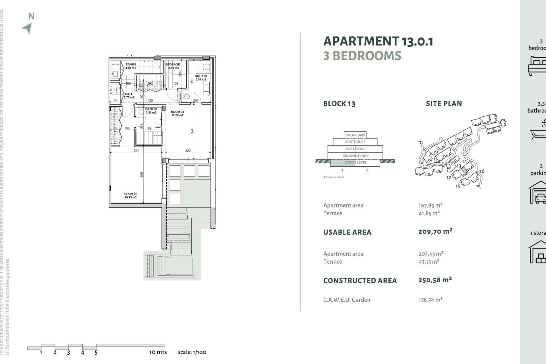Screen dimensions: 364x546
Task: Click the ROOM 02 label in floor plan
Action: coord(131,195)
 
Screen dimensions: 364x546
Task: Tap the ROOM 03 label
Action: coord(177,113)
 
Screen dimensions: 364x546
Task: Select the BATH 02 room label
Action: coord(151,111)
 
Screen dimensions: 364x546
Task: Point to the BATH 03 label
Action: coord(201,78)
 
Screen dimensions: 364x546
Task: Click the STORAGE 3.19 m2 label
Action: coord(173,66)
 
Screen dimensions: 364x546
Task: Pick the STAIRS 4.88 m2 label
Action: coord(131,66)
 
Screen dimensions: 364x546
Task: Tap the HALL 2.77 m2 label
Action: coord(129,96)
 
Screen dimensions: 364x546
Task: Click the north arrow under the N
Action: coord(27,28)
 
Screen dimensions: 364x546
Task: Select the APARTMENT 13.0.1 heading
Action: coord(378,42)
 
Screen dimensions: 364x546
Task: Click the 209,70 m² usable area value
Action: coord(435,231)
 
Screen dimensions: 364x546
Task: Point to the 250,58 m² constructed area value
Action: coord(435,280)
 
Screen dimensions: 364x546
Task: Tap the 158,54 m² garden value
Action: coord(430,300)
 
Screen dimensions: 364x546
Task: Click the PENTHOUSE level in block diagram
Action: coord(355,142)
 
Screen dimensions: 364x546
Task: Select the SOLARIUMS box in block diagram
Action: coord(355,135)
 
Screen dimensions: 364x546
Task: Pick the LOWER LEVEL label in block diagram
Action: coord(355,162)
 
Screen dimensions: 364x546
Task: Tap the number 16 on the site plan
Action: coord(482,171)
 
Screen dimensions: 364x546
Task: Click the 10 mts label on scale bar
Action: coord(158,352)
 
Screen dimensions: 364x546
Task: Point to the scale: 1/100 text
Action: coord(192,352)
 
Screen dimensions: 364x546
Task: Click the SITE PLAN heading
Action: coord(444,104)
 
